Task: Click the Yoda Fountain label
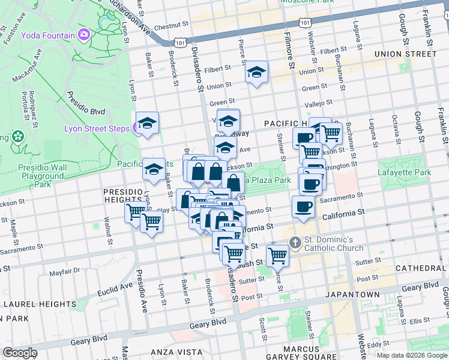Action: [48, 35]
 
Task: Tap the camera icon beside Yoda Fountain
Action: [83, 35]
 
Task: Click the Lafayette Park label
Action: [405, 173]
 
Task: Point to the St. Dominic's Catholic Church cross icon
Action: [295, 242]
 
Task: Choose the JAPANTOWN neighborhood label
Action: [353, 295]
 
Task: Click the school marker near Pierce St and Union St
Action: [257, 73]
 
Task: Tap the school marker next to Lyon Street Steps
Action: [148, 123]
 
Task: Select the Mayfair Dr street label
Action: [65, 272]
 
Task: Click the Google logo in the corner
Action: [20, 353]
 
